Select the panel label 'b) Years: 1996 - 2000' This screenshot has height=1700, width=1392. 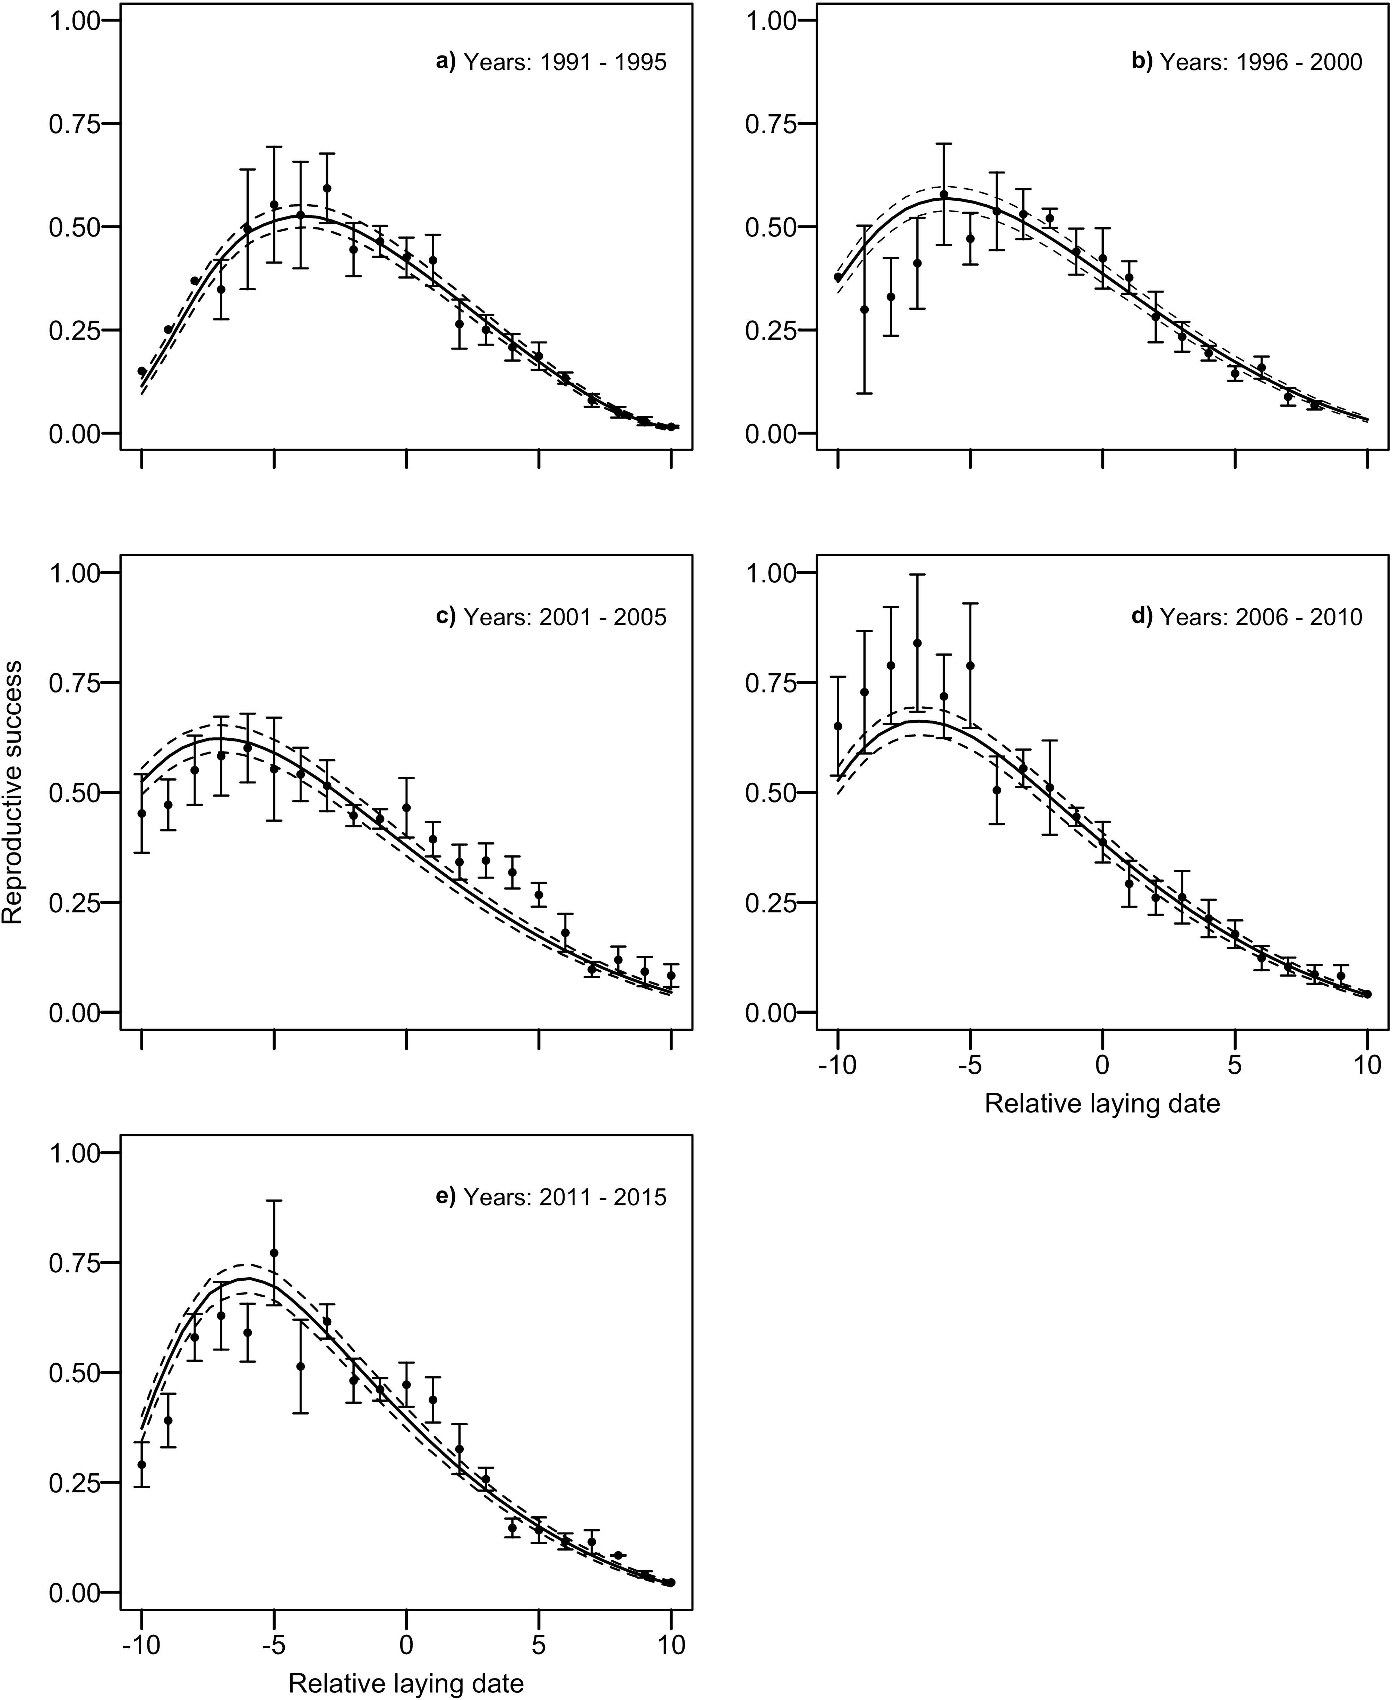[1247, 62]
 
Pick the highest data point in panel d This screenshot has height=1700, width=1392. [917, 643]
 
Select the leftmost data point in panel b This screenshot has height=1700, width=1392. [838, 277]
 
